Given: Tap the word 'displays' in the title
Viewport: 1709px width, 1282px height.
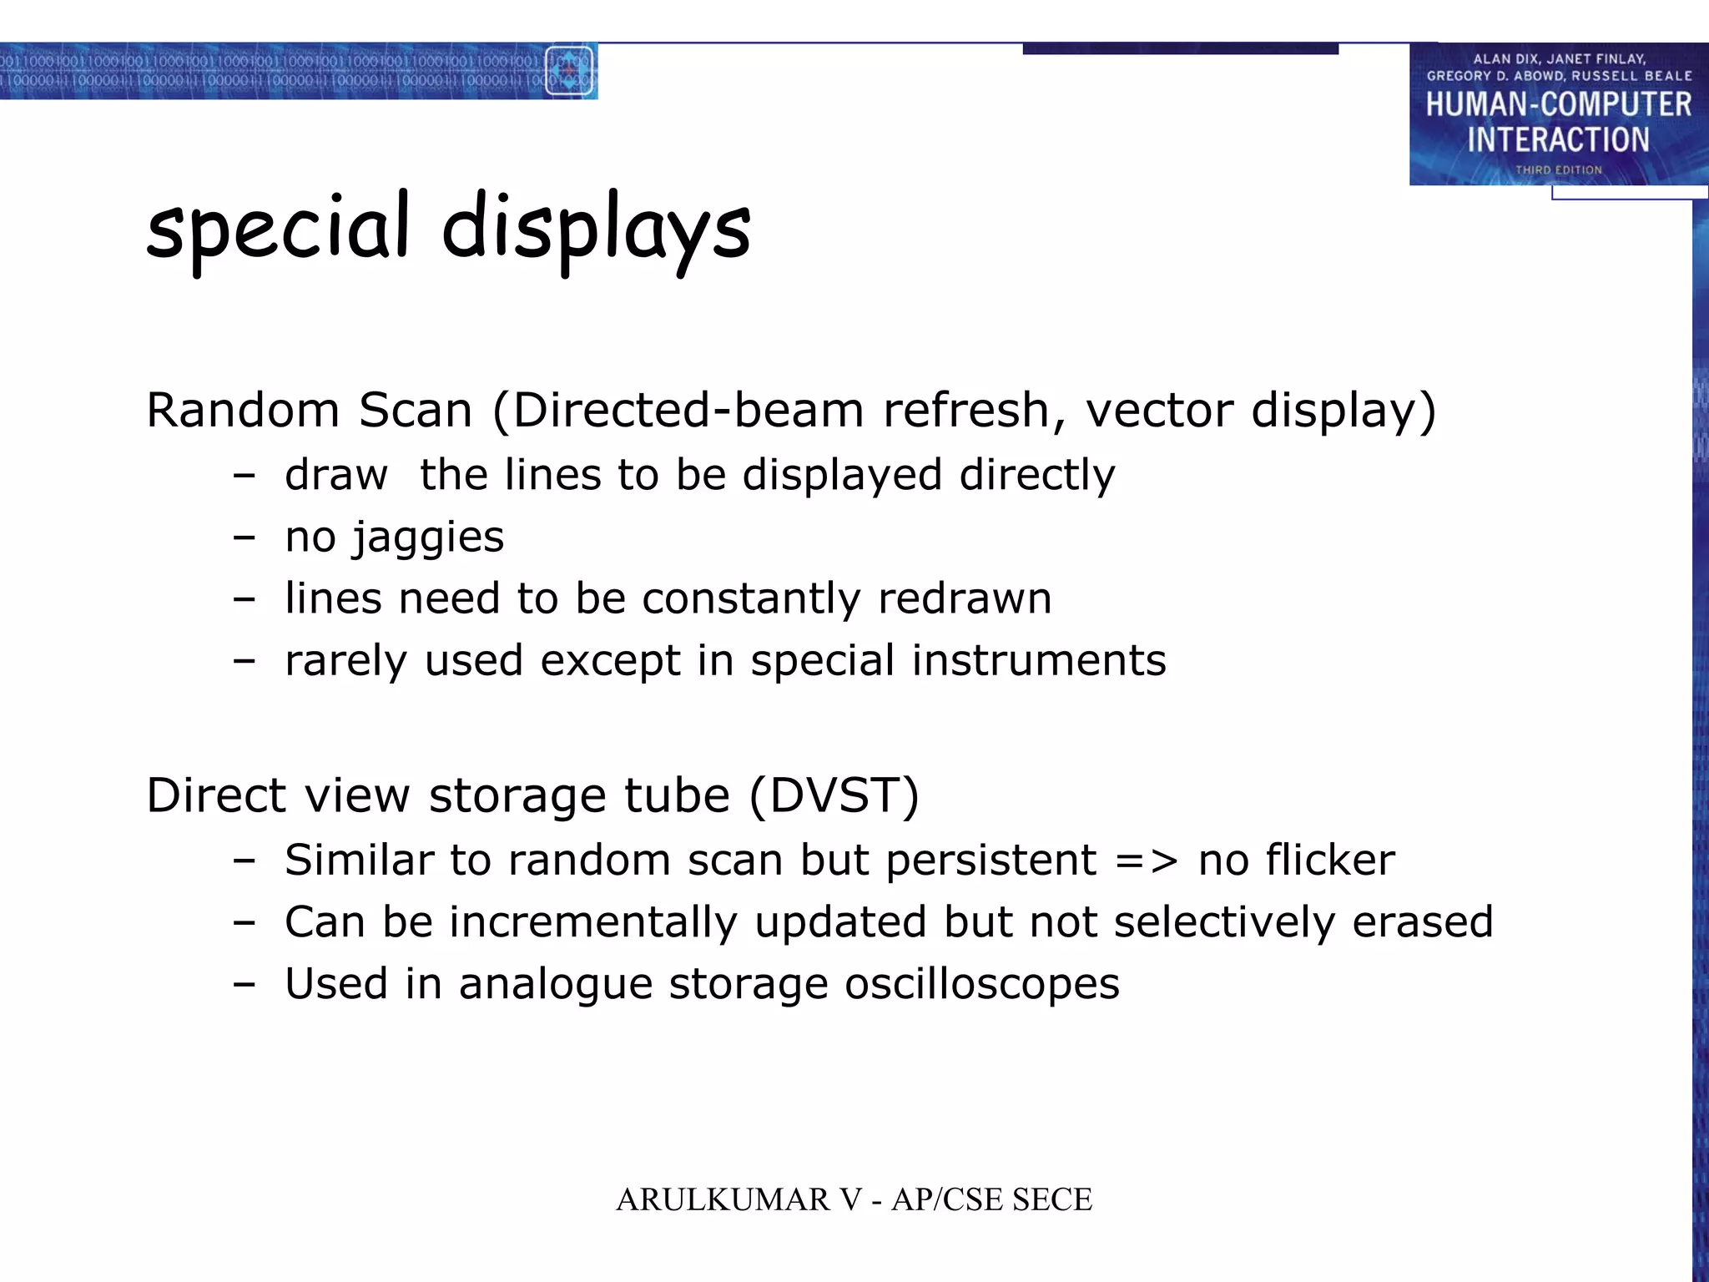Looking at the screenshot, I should pyautogui.click(x=596, y=228).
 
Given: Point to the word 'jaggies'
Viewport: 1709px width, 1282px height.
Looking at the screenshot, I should pyautogui.click(x=428, y=538).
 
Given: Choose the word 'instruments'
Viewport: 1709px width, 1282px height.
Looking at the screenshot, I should pyautogui.click(x=1038, y=660).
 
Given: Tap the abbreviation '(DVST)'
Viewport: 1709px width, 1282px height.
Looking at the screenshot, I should pyautogui.click(x=834, y=795).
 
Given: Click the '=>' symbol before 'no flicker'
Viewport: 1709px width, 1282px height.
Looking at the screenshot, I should pyautogui.click(x=1147, y=861).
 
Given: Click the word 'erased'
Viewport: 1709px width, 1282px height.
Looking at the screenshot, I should pyautogui.click(x=1422, y=922).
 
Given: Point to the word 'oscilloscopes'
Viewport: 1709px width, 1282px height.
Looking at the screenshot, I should pyautogui.click(x=981, y=984).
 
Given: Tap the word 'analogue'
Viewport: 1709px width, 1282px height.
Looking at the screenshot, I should pyautogui.click(x=555, y=985).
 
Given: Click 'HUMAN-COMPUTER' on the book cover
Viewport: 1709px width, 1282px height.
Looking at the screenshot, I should pyautogui.click(x=1558, y=105).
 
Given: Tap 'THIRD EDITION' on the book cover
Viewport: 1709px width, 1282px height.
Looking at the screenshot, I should pyautogui.click(x=1558, y=170).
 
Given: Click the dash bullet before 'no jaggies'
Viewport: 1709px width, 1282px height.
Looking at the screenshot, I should pyautogui.click(x=244, y=538).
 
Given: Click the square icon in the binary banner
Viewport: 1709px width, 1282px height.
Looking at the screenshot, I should pyautogui.click(x=569, y=71).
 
